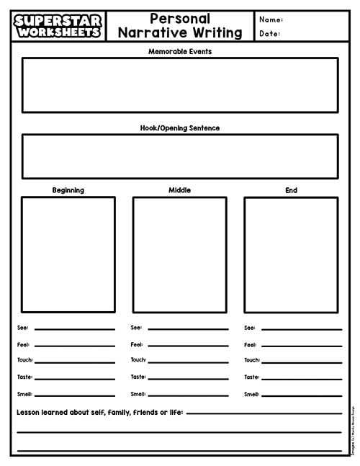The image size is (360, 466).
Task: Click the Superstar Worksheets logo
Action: pos(57,26)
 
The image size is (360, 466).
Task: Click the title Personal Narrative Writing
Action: pos(180,26)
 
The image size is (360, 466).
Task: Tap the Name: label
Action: pos(271,19)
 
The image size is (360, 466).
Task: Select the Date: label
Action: pos(269,33)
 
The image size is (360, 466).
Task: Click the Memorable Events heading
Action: pos(180,52)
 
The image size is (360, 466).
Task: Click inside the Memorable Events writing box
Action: pos(180,85)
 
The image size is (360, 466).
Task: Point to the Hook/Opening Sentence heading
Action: pos(180,128)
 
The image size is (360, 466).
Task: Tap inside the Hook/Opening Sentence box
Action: pos(180,156)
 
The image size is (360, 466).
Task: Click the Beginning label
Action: pos(68,190)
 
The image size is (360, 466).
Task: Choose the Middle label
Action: pos(179,190)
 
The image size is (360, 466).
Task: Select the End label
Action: pos(291,190)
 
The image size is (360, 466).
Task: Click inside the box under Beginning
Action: pos(68,254)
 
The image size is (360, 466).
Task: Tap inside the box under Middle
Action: pos(179,254)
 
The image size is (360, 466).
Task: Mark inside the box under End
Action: pos(291,254)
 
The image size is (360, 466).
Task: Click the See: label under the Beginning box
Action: pos(22,328)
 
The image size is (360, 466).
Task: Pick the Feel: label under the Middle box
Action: pos(137,344)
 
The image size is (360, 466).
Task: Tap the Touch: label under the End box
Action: pos(251,360)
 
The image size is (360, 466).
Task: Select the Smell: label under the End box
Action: pos(251,394)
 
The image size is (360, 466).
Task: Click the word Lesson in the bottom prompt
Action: pos(30,413)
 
